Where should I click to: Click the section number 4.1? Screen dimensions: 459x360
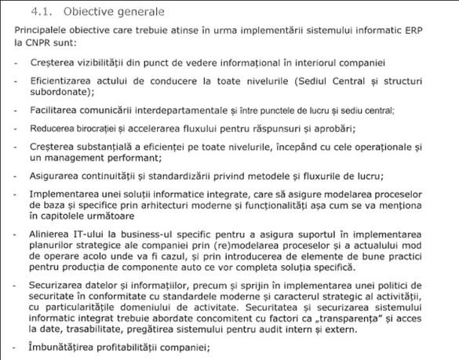point(40,13)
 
